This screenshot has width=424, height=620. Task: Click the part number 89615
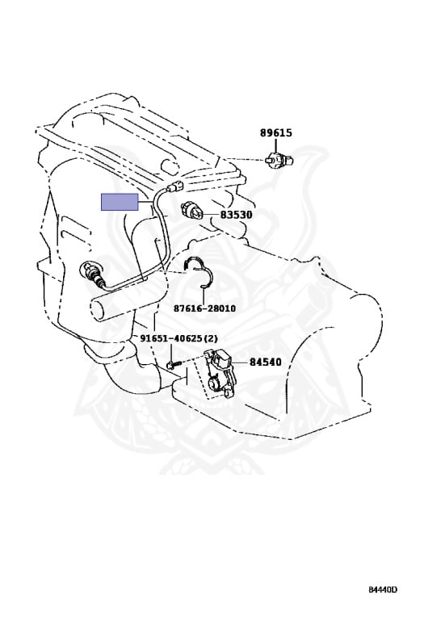pos(276,132)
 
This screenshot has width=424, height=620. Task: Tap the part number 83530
pos(236,215)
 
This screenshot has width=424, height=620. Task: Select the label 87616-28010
pos(204,308)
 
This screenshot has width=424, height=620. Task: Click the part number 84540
pos(266,362)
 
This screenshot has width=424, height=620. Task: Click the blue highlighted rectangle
pos(120,202)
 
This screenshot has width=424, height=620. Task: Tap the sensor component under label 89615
pos(279,160)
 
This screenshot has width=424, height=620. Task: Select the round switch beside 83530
pos(192,212)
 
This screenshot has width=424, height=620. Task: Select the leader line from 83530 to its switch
pos(211,215)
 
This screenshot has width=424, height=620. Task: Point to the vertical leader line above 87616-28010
pos(203,294)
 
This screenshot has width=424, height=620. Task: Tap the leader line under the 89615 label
pos(275,145)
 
